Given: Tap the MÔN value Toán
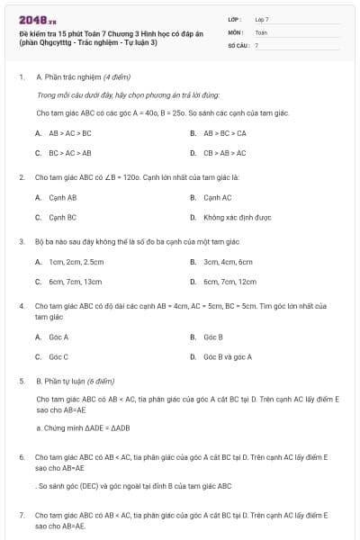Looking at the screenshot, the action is click(261, 31).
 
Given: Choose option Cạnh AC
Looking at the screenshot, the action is click(217, 197).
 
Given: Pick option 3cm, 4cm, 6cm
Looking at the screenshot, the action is click(228, 262).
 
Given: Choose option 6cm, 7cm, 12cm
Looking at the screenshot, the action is click(229, 282).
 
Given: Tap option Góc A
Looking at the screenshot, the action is click(58, 337).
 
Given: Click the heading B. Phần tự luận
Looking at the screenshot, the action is click(83, 381).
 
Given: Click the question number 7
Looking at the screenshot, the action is click(22, 515).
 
